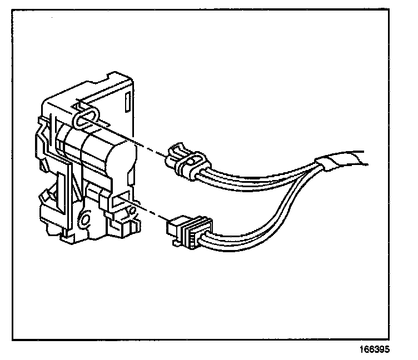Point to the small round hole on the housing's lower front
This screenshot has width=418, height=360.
[x=85, y=220]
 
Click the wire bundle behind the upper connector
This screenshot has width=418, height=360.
[x=256, y=178]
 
